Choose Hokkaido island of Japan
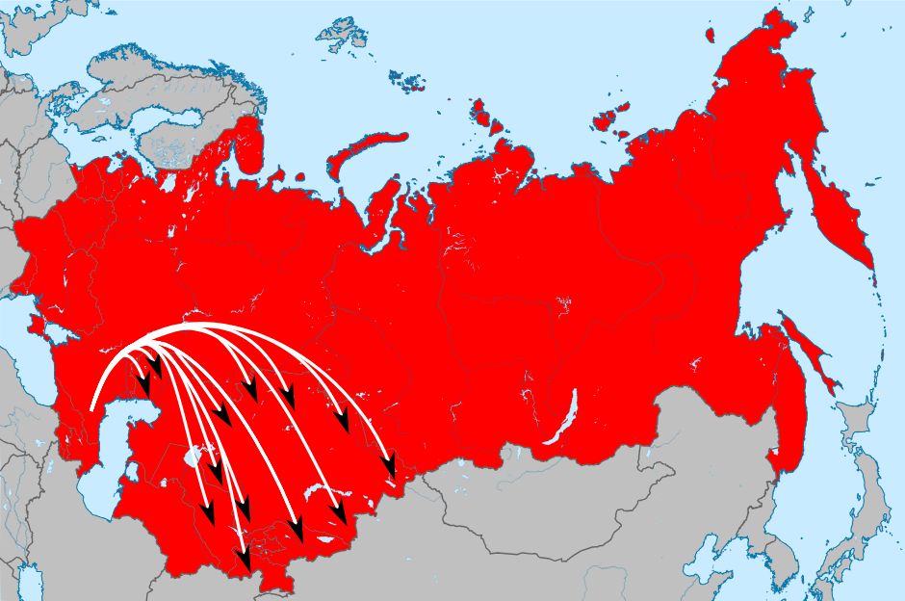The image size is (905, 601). point(862,424)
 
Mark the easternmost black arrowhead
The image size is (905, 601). point(390,468)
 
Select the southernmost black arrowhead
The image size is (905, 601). point(245,559)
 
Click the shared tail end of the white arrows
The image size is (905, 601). point(92,408)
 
